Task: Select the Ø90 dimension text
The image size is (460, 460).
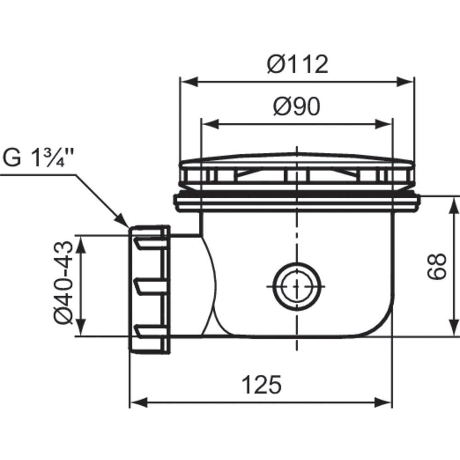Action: [x=297, y=107]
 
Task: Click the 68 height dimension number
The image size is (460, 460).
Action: [x=437, y=266]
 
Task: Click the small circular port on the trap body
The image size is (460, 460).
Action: [x=297, y=286]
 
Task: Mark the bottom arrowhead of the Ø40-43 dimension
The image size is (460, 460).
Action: [x=81, y=328]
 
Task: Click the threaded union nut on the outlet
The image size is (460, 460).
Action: [x=149, y=289]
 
